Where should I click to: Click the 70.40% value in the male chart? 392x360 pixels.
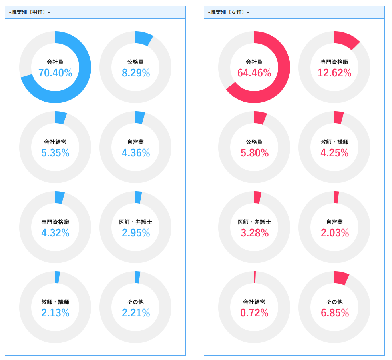(x=55, y=73)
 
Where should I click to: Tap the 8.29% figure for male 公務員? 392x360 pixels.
(x=136, y=73)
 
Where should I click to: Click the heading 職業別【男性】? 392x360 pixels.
(x=30, y=12)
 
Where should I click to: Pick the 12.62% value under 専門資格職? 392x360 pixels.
(x=334, y=73)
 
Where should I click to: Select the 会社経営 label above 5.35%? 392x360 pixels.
(x=55, y=142)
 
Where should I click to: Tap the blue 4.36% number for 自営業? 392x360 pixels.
(x=136, y=153)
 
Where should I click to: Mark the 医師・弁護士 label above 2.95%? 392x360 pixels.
(x=135, y=222)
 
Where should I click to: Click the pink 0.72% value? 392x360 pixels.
(x=254, y=313)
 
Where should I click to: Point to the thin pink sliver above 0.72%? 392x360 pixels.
(x=255, y=277)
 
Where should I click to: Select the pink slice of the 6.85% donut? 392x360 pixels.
(x=341, y=278)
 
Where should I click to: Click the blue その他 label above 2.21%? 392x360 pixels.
(x=135, y=302)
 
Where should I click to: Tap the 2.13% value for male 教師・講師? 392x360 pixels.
(x=55, y=313)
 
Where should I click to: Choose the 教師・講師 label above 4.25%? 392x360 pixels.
(x=334, y=142)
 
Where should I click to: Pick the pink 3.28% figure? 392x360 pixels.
(x=254, y=233)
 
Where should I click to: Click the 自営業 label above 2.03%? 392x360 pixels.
(x=334, y=222)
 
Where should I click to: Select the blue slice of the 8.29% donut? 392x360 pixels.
(x=143, y=38)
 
